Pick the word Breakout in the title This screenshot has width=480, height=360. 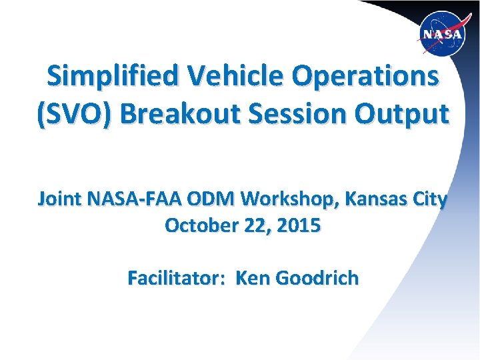tap(177, 114)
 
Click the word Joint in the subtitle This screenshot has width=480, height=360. tap(57, 199)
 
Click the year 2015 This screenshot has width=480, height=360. tap(299, 225)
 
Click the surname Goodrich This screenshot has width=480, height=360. tap(318, 277)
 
